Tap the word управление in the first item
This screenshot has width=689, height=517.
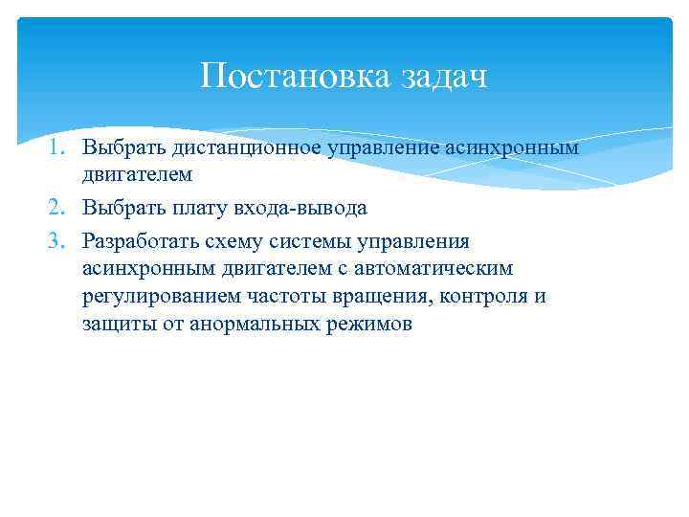380,148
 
